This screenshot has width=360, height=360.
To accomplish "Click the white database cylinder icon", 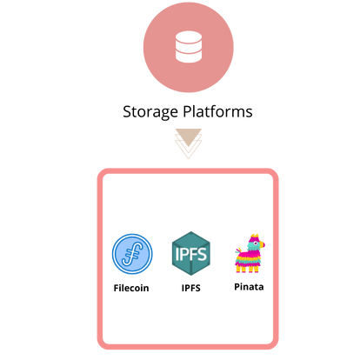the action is (189, 47).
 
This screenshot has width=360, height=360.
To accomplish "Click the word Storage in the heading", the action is (150, 112).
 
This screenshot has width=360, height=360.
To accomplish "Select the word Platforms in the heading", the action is (217, 111).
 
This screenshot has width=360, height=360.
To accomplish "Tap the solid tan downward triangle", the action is (189, 137).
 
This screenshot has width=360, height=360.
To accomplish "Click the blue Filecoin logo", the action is (132, 254).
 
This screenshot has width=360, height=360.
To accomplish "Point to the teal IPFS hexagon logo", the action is (190, 254).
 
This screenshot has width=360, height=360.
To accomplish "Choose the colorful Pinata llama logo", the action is (250, 253).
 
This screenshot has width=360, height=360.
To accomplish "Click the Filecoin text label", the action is (131, 288).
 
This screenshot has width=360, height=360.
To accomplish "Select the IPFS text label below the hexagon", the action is (190, 288).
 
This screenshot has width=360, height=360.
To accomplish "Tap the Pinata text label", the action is (249, 287).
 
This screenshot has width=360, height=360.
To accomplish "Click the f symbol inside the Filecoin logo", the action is (132, 254).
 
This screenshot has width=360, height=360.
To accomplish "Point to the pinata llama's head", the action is (256, 243).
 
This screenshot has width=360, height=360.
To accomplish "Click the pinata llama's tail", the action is (239, 250).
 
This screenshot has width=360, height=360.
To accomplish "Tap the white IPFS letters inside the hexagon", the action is (190, 254).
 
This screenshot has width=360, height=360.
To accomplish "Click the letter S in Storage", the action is (127, 111).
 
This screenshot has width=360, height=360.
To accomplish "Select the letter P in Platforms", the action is (187, 111).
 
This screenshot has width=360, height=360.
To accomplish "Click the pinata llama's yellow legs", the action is (247, 269).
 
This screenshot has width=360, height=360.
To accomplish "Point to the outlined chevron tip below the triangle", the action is (189, 158).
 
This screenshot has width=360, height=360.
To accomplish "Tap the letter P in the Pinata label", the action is (237, 287).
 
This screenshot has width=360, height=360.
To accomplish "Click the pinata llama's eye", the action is (256, 243).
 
